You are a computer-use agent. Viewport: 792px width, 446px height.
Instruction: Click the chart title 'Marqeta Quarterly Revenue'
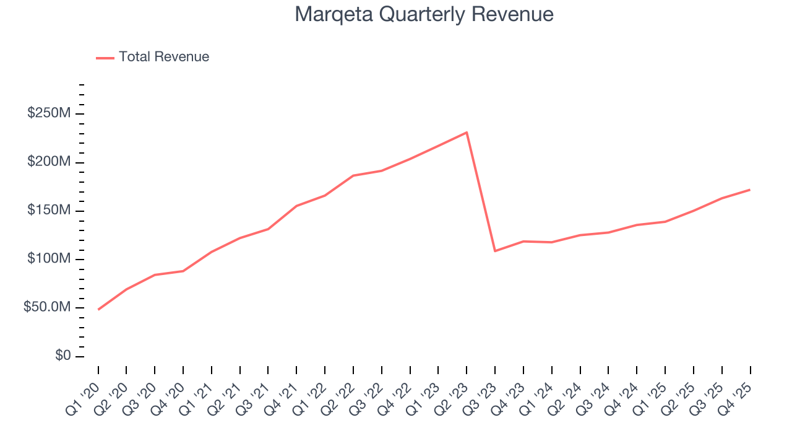point(424,14)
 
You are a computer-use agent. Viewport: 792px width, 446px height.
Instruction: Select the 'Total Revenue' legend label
point(164,57)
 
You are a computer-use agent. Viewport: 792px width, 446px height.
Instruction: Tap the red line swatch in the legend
point(105,58)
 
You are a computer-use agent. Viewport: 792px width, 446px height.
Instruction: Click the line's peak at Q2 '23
point(467,132)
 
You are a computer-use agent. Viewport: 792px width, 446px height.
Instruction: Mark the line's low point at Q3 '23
point(495,251)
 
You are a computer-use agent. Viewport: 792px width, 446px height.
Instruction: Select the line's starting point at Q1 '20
point(98,309)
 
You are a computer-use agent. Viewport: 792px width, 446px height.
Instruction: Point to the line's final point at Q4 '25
point(750,190)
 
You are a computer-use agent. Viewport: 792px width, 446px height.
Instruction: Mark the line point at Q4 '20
point(183,271)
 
